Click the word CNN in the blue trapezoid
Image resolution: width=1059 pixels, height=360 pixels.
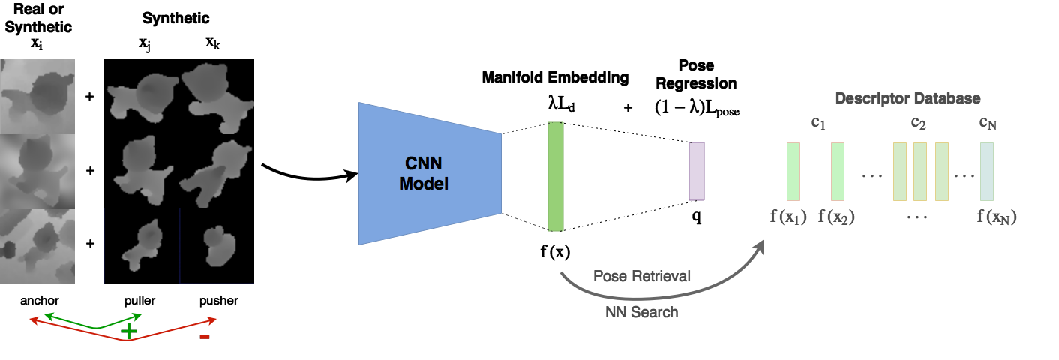[424, 163]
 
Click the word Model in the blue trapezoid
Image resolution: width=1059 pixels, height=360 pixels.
[424, 183]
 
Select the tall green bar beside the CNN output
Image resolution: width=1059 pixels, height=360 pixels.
[555, 176]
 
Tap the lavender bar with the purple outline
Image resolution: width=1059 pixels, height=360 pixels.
[697, 171]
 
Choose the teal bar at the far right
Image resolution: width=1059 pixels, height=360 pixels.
[987, 172]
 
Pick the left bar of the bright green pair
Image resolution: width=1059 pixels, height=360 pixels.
[793, 172]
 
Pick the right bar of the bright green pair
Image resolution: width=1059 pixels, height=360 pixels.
[838, 172]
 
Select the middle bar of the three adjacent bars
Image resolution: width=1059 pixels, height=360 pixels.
[920, 172]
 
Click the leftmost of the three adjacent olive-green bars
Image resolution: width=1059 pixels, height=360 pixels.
[900, 172]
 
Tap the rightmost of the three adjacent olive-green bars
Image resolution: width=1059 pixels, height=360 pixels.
[942, 172]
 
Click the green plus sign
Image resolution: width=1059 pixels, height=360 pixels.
[130, 331]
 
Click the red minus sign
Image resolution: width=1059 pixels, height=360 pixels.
[205, 337]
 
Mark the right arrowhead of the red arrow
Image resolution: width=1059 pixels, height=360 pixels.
[213, 321]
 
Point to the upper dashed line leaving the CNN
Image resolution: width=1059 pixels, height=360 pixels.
[524, 128]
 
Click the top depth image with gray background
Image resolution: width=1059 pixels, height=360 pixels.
[37, 96]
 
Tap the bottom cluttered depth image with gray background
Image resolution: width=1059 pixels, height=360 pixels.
[37, 246]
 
